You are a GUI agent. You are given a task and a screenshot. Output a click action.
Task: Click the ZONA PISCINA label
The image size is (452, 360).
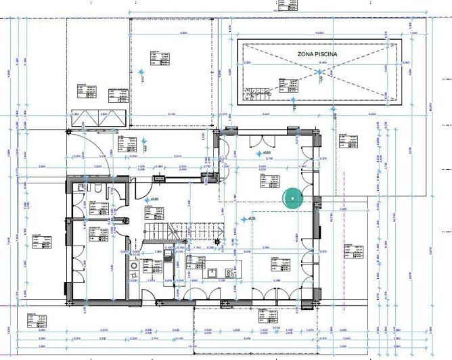click(x=317, y=53)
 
